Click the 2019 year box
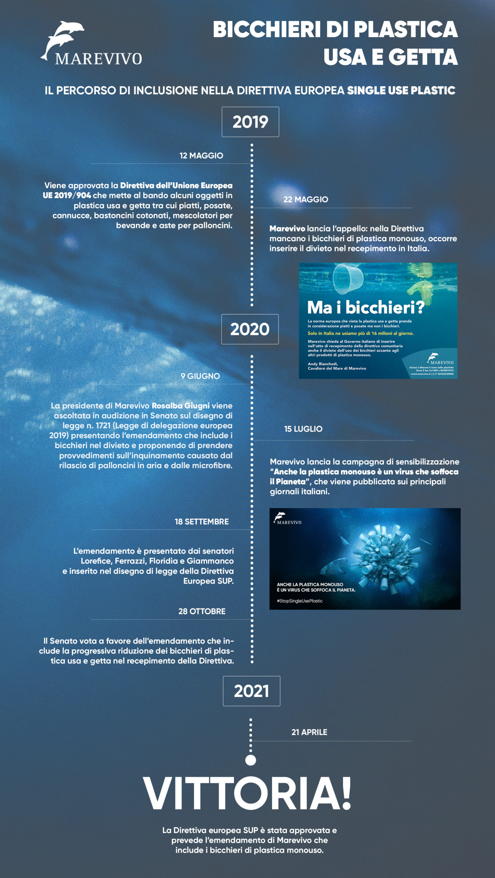coord(250,122)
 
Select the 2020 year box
coord(250,329)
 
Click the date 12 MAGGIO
coord(201,156)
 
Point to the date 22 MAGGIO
coord(306,199)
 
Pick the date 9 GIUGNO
coord(200,376)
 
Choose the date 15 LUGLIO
coord(303,429)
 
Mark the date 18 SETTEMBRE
coord(201,522)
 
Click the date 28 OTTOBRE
coord(202,611)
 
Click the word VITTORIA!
coord(247,794)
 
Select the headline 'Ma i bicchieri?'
coord(366,307)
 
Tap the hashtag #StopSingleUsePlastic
coord(300,601)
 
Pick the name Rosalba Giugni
coord(181,406)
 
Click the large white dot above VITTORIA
coord(251,760)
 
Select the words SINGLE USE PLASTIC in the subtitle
coord(401,91)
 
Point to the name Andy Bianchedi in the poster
coord(323,364)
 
